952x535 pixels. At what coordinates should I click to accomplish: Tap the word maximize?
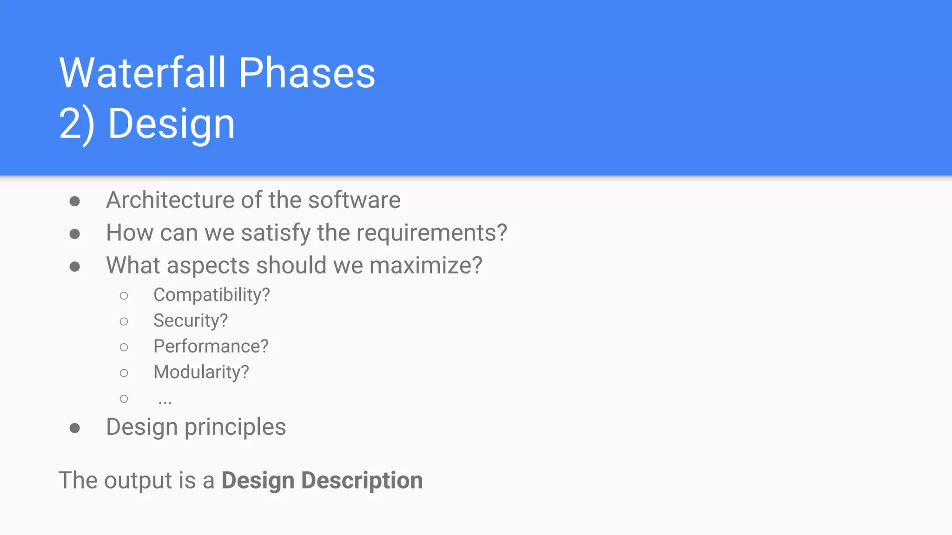(426, 266)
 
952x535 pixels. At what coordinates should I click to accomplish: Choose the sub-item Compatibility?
(212, 295)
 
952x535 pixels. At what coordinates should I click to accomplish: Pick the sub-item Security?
(191, 320)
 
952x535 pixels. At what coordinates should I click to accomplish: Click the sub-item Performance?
(211, 346)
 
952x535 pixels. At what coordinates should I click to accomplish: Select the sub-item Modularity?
(201, 372)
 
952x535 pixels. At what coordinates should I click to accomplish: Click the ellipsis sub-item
(165, 400)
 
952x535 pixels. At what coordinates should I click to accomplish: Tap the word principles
(235, 427)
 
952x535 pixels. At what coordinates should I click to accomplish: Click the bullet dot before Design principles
(75, 428)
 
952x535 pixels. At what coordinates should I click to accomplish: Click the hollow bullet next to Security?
(124, 321)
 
